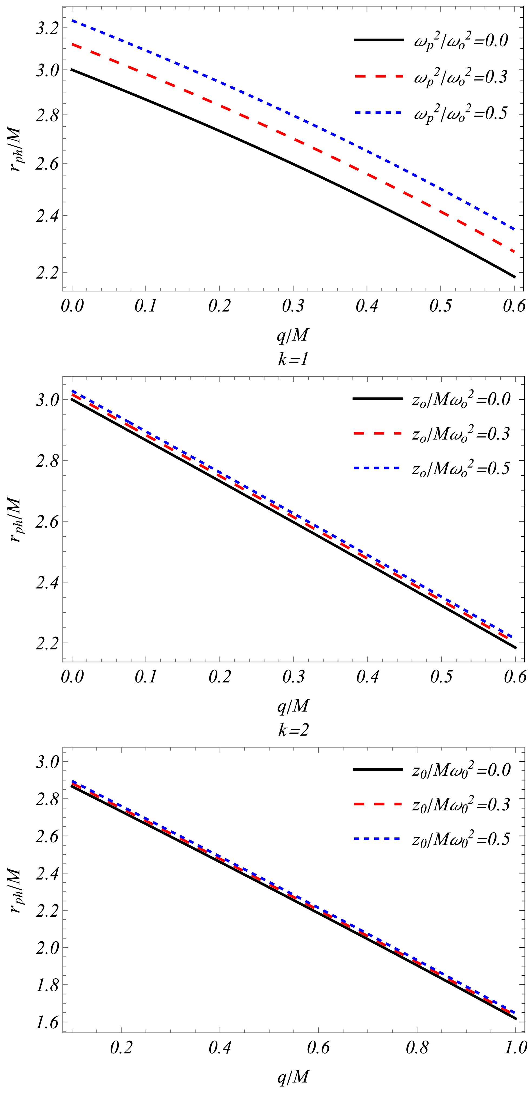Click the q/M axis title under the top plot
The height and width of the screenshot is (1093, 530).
tap(293, 336)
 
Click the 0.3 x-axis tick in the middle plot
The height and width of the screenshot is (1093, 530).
tap(293, 676)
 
